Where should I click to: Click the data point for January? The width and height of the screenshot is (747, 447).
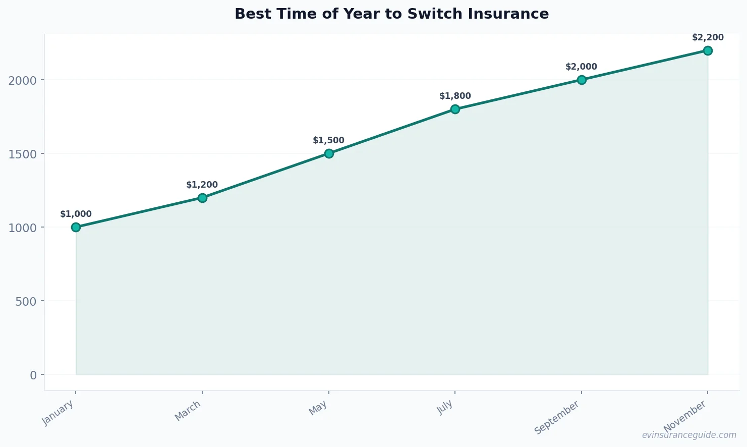point(76,227)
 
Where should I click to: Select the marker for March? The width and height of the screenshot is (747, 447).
point(202,198)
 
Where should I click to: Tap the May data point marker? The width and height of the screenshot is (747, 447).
point(329,153)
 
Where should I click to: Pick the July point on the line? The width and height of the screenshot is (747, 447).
point(455,109)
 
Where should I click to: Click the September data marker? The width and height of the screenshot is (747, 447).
point(582,80)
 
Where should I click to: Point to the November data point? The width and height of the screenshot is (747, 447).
point(708,50)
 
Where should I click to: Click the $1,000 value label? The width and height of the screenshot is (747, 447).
point(76,214)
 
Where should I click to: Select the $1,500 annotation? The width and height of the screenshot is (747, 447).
point(328,140)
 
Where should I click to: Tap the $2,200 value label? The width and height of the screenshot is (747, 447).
point(708,37)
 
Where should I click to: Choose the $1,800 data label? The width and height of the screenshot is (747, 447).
point(455,96)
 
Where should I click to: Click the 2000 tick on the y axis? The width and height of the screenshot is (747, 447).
point(23,80)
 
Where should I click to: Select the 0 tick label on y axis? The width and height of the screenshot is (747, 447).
point(33,375)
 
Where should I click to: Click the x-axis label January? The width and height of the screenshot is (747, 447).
point(59,413)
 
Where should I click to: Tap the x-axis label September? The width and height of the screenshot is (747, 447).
point(557,418)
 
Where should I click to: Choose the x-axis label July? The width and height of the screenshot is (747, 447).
point(445,407)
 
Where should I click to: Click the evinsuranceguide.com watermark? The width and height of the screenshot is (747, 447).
point(689,435)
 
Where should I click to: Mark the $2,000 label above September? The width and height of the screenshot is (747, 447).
point(581,67)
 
